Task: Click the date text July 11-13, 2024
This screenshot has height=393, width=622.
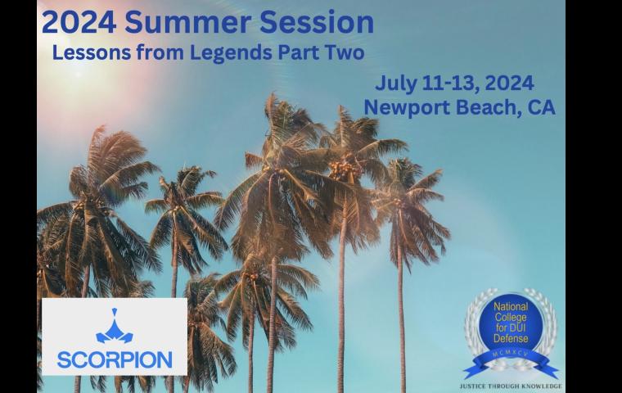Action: (x=455, y=83)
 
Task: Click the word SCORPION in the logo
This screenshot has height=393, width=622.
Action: (x=115, y=359)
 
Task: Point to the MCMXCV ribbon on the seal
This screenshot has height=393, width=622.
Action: (x=510, y=359)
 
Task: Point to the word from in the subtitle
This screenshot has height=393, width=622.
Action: (x=163, y=52)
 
